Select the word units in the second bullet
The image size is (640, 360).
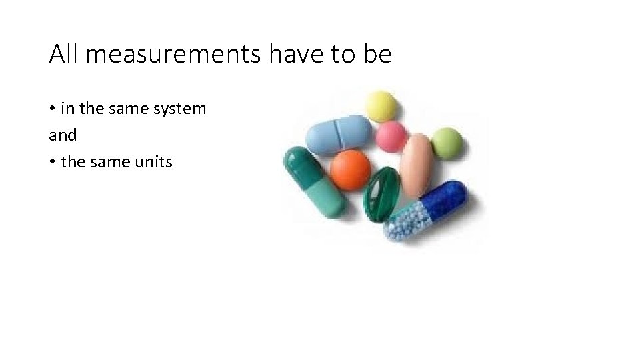(153, 161)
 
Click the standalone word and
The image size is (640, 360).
(63, 135)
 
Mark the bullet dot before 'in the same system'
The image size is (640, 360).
(52, 109)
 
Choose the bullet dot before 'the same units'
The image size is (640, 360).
(52, 161)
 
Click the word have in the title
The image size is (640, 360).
(291, 55)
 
